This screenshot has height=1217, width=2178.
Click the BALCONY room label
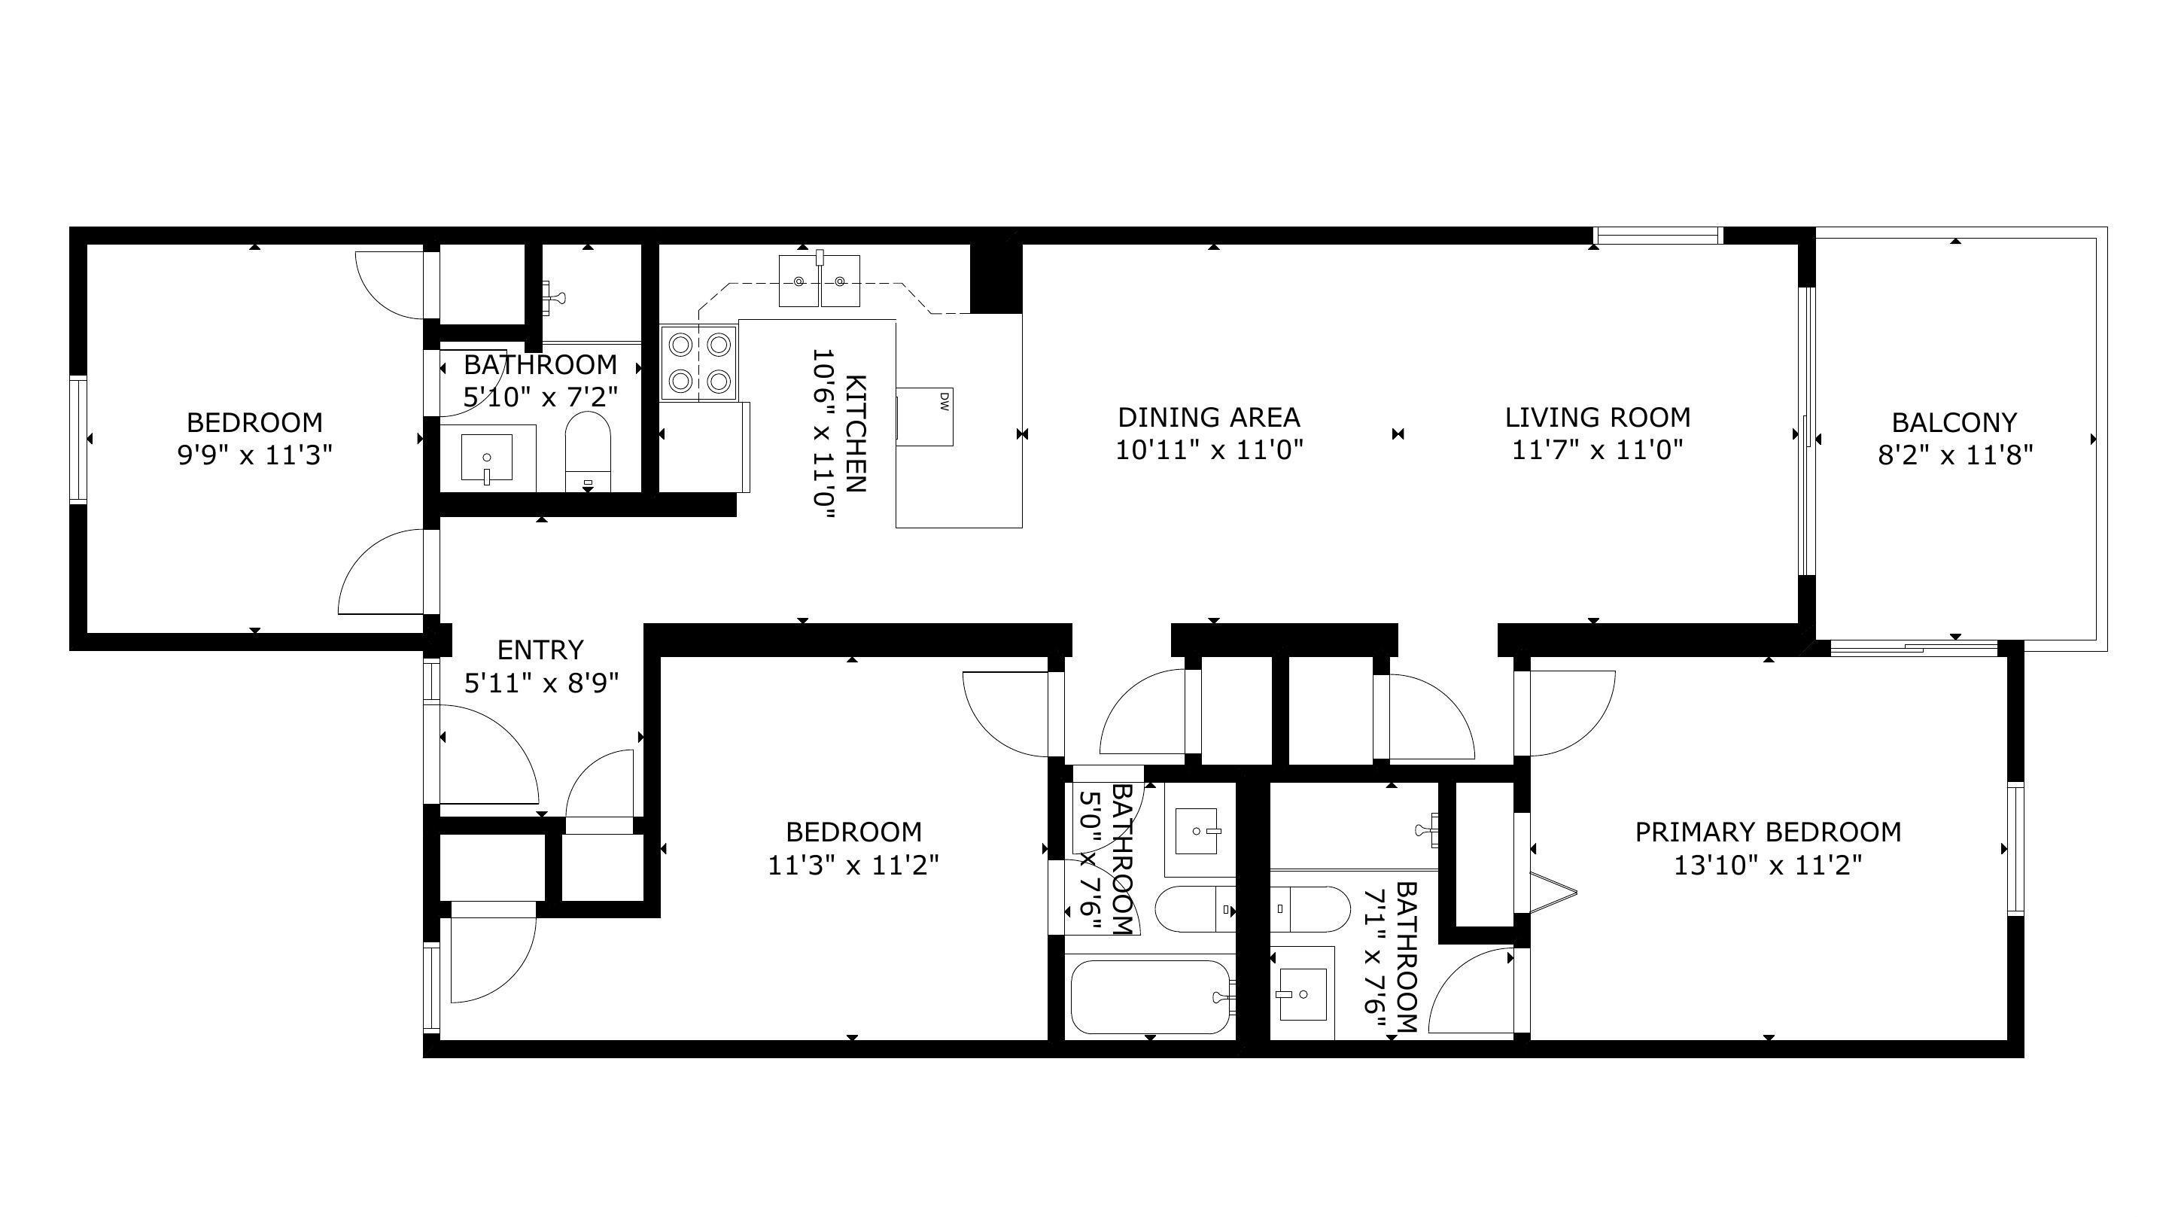point(1954,422)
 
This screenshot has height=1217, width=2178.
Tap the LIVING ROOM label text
point(1597,417)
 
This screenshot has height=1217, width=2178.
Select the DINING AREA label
point(1209,417)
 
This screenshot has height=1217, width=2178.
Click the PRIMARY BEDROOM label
point(1768,832)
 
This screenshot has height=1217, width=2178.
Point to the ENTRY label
point(540,650)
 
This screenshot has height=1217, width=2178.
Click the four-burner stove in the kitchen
point(699,364)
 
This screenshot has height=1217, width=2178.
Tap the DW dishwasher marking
point(945,401)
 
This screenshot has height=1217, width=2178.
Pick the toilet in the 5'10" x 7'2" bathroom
point(588,452)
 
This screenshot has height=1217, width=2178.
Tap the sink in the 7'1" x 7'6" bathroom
point(1302,993)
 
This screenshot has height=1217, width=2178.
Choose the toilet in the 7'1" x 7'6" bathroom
point(1310,908)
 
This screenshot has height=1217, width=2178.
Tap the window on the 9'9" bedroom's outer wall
point(78,439)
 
